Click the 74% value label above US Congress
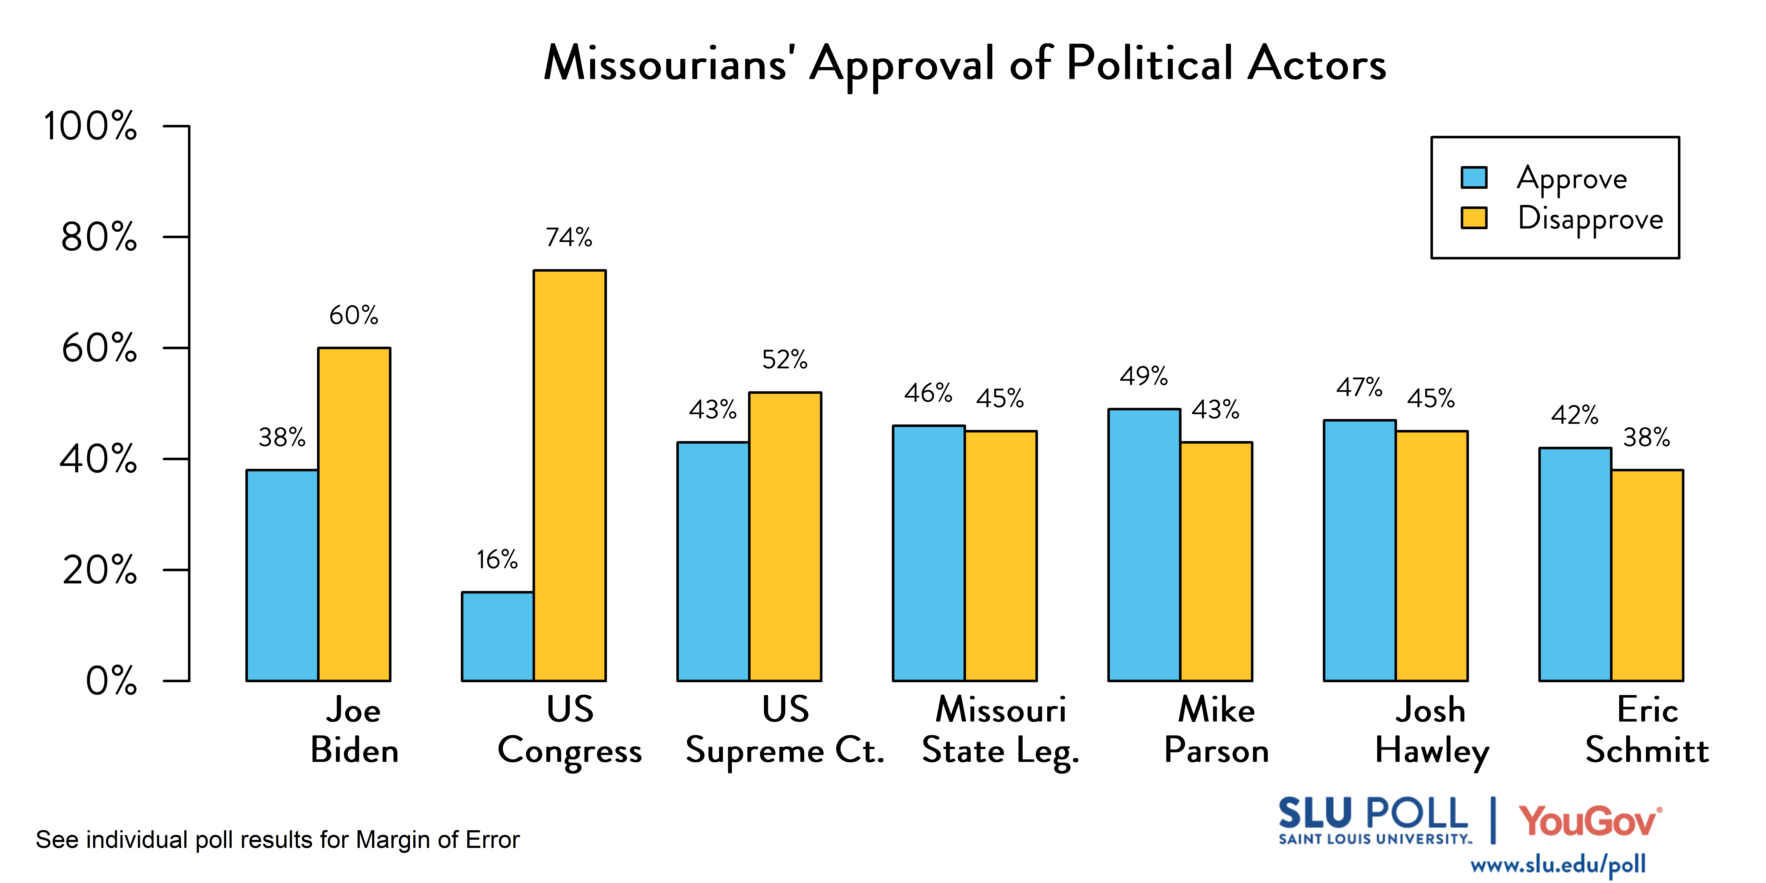[569, 237]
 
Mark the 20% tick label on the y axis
[99, 570]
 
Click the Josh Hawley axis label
[1432, 730]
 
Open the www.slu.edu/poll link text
[1558, 864]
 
